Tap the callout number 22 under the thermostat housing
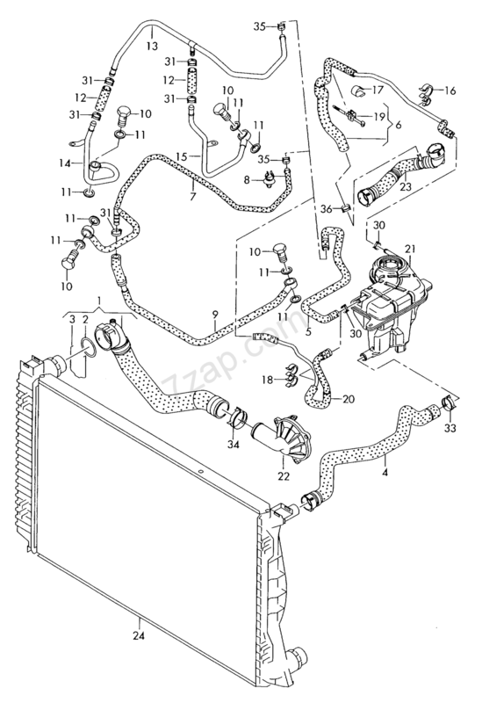283,476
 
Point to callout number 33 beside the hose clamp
450,429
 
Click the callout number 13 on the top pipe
152,44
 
